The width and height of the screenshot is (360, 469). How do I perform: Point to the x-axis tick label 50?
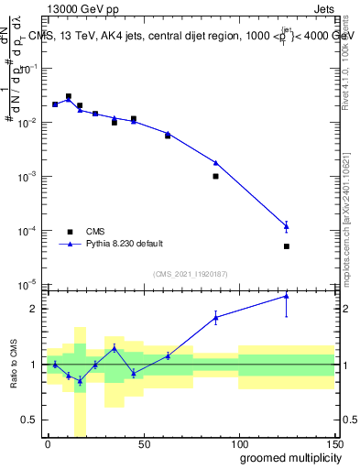pyautogui.click(x=144, y=443)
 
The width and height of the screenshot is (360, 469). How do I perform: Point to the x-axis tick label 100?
pyautogui.click(x=239, y=443)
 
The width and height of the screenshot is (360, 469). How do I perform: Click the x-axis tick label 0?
pyautogui.click(x=49, y=443)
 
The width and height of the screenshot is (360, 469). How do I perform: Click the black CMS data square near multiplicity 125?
pyautogui.click(x=287, y=246)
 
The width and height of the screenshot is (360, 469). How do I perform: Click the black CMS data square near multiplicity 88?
pyautogui.click(x=215, y=176)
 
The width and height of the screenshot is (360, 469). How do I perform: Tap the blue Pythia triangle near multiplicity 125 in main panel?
pyautogui.click(x=287, y=226)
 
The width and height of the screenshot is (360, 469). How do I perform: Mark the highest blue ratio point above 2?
pyautogui.click(x=287, y=296)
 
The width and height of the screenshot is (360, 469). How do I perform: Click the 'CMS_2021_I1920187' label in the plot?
pyautogui.click(x=189, y=273)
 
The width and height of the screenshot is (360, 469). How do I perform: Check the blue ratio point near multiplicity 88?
pyautogui.click(x=215, y=317)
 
